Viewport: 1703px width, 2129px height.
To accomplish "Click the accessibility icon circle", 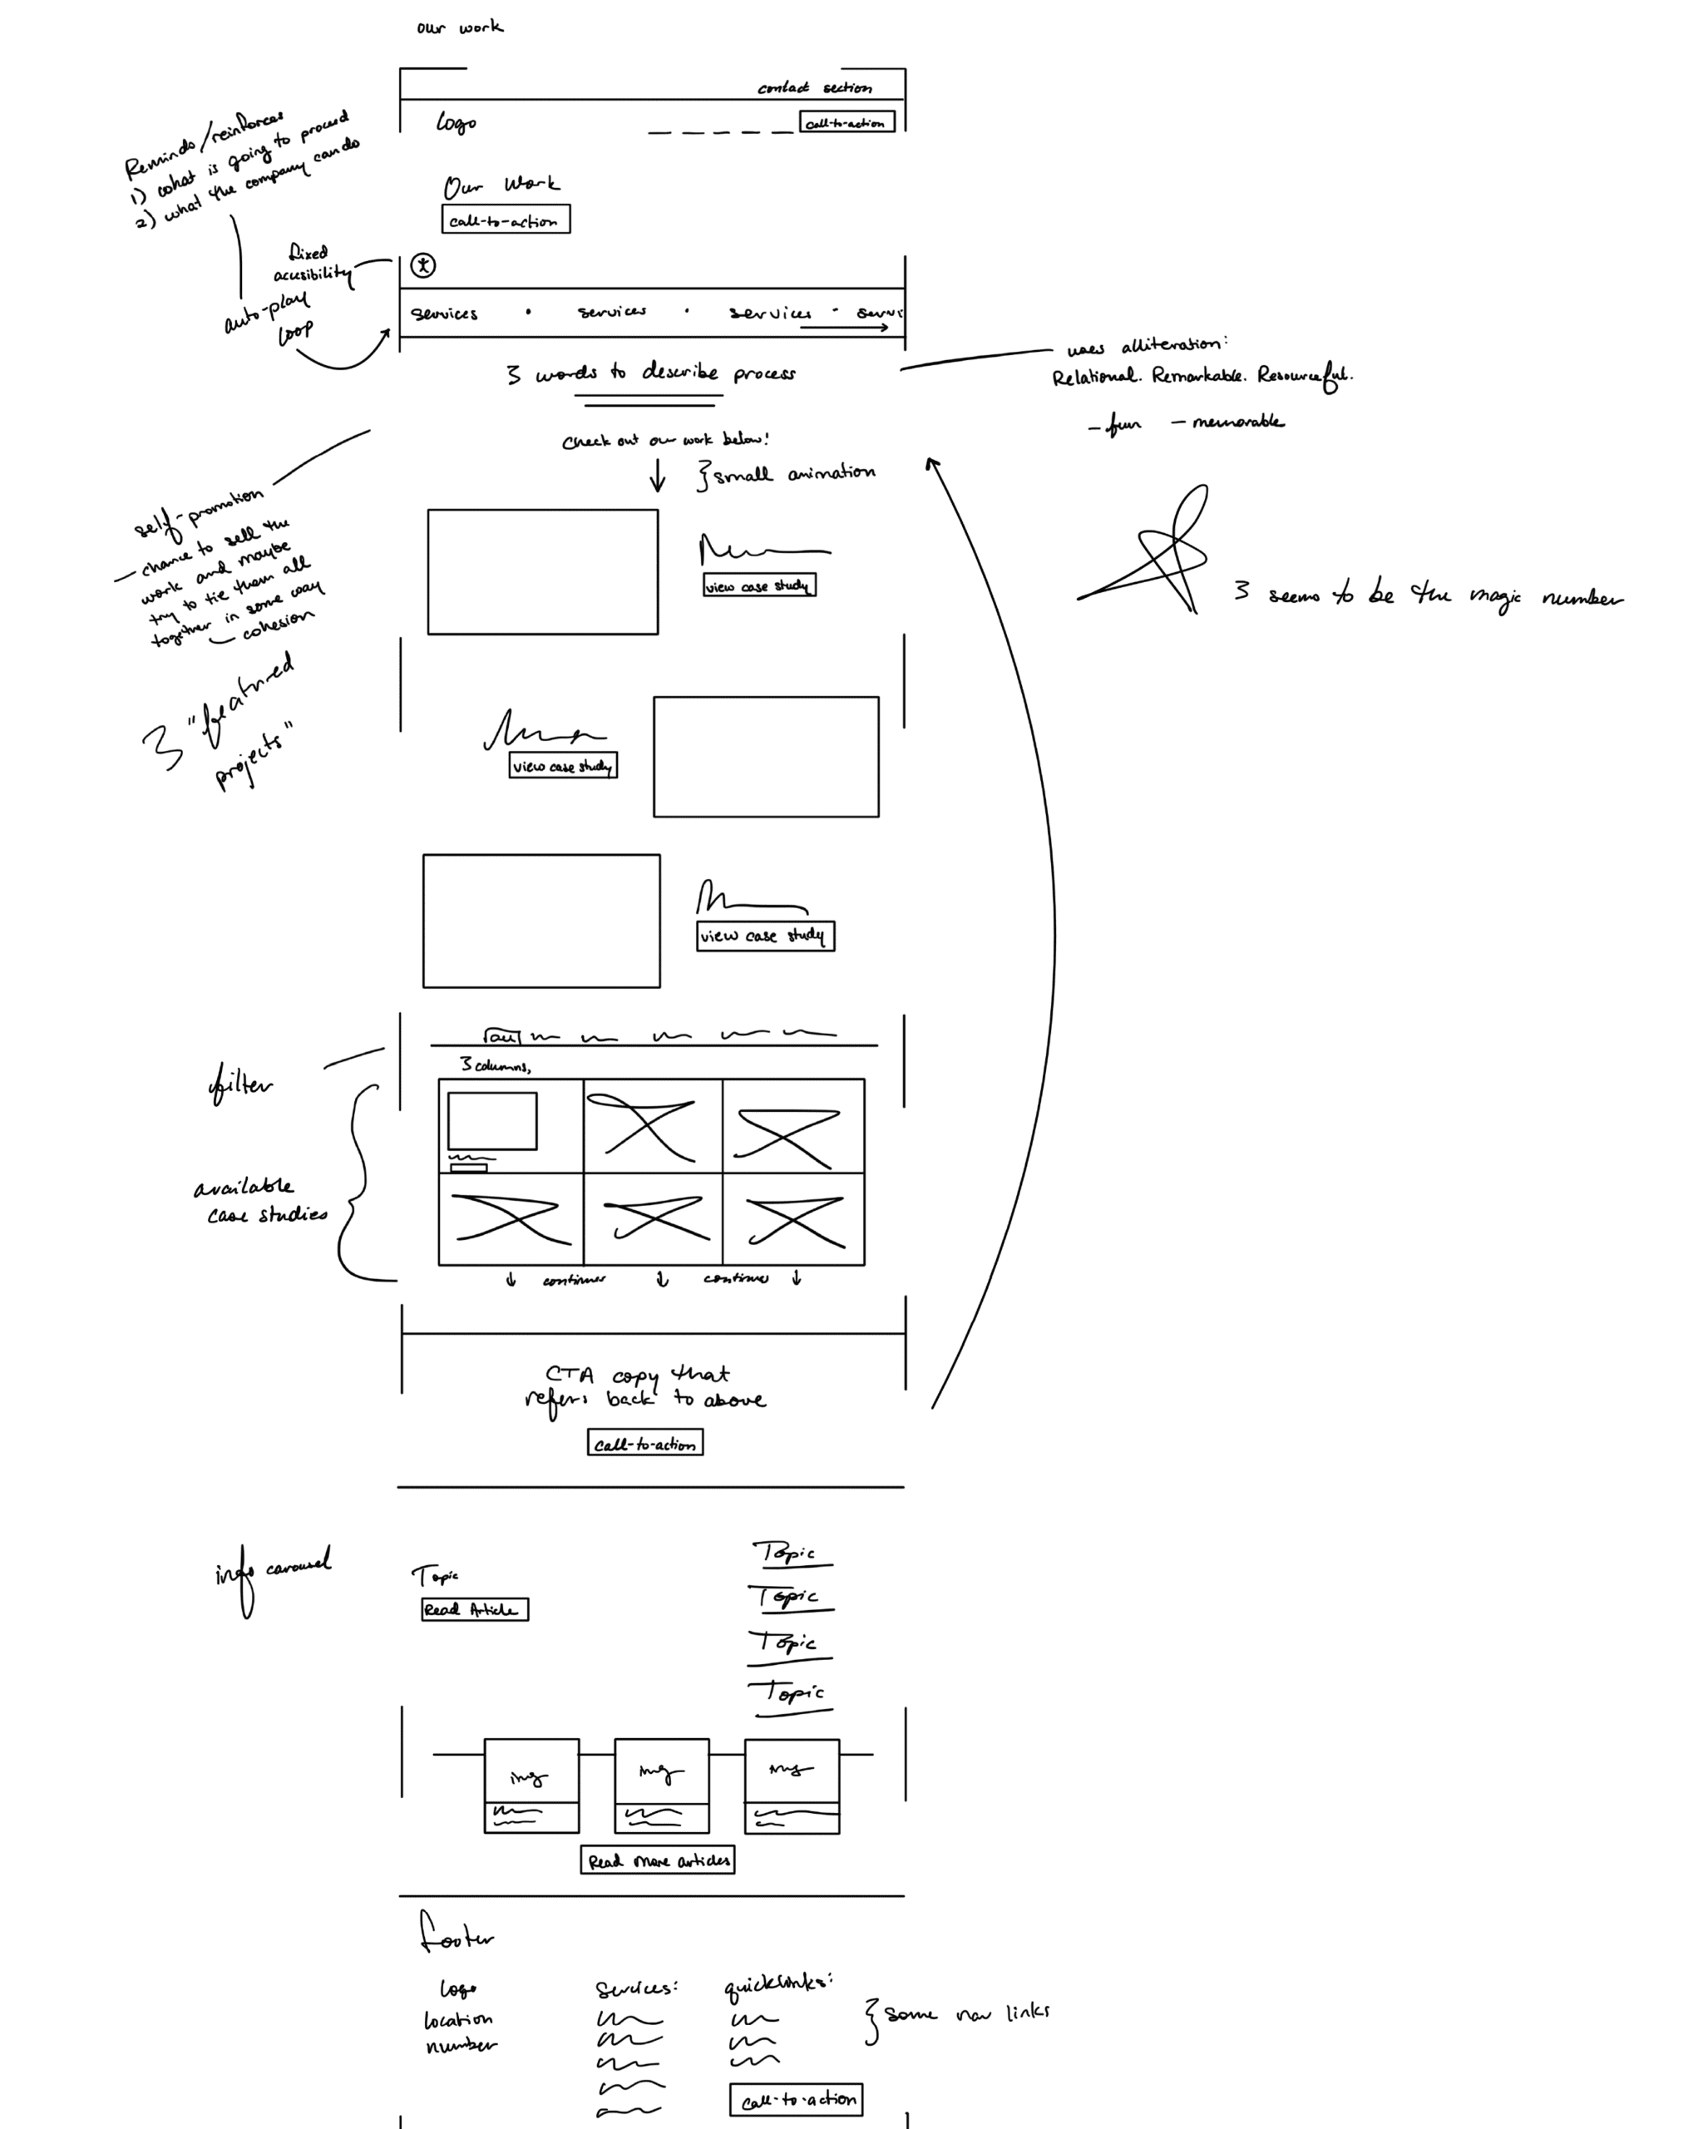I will point(422,264).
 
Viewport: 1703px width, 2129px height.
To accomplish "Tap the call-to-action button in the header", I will point(846,122).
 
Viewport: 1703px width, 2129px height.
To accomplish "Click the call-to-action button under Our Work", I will point(506,220).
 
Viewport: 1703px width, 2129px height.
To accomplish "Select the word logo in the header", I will point(457,122).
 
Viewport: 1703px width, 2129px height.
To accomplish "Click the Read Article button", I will point(474,1608).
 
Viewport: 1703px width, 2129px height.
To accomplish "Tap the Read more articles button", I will point(658,1860).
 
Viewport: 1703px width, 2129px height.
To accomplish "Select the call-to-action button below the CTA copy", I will point(644,1443).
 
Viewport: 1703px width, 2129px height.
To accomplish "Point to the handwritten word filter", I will point(240,1084).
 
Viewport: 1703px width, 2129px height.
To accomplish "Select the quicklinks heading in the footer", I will point(777,1983).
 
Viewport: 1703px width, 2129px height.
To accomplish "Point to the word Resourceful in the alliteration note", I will point(1303,376).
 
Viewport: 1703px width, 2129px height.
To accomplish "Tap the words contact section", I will point(814,88).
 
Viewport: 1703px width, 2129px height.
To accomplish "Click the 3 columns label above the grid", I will point(495,1064).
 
